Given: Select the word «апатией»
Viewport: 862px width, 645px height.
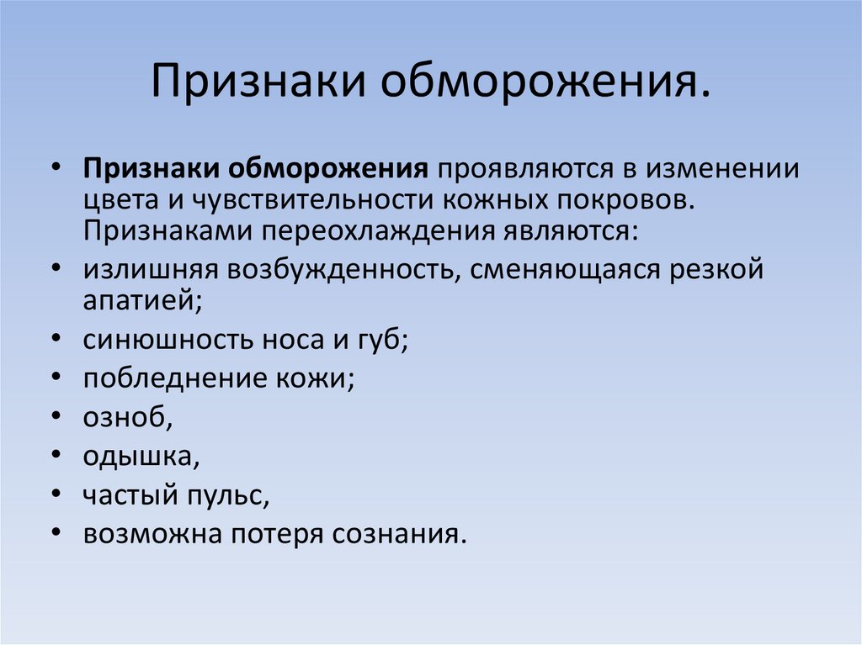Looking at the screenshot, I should click(x=142, y=301).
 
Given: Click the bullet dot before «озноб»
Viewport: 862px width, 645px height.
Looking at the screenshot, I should click(x=56, y=416).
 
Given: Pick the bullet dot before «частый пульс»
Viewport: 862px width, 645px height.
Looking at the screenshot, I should click(x=56, y=494).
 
